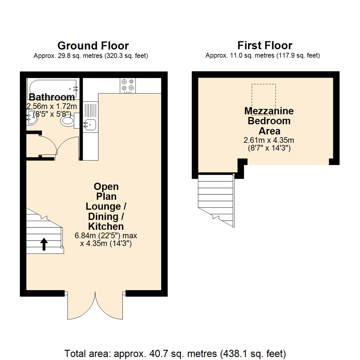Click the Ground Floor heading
(93, 46)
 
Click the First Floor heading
(265, 46)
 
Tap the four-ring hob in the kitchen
(128, 85)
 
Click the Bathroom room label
(52, 97)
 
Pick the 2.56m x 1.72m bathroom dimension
(52, 106)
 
